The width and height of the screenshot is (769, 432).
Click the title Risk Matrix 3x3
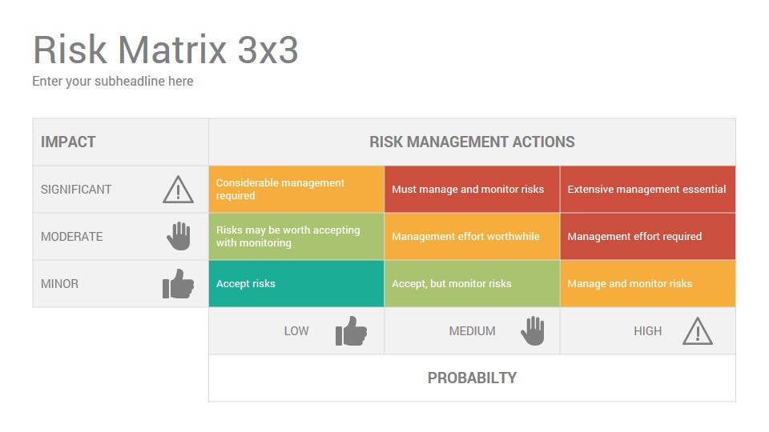[x=165, y=50]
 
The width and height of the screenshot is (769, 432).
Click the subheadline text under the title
[x=113, y=82]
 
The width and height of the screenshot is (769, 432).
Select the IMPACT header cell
[x=121, y=142]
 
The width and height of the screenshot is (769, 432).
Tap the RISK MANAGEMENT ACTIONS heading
[x=472, y=142]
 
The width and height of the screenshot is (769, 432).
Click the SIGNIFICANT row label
[x=76, y=190]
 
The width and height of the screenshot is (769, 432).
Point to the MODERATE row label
[x=71, y=237]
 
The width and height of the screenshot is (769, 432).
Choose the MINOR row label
[x=59, y=283]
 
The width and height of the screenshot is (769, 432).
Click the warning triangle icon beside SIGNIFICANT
[x=178, y=190]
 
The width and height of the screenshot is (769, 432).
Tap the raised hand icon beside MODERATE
[x=179, y=236]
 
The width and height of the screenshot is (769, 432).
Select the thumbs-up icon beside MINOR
[x=178, y=283]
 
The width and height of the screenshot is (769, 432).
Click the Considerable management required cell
[x=296, y=189]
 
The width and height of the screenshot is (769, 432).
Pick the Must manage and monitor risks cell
[x=472, y=189]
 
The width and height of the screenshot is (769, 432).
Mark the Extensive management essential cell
[x=647, y=189]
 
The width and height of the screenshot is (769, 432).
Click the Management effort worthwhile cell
[x=472, y=237]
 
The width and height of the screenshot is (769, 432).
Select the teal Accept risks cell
[x=296, y=283]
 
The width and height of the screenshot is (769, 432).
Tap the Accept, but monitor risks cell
[x=472, y=283]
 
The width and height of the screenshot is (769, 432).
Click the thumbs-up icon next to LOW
[x=351, y=330]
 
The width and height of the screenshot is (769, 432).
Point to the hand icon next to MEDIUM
[x=533, y=330]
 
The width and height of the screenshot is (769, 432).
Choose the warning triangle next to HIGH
[x=698, y=331]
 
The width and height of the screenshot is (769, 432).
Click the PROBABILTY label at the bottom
[x=472, y=378]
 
